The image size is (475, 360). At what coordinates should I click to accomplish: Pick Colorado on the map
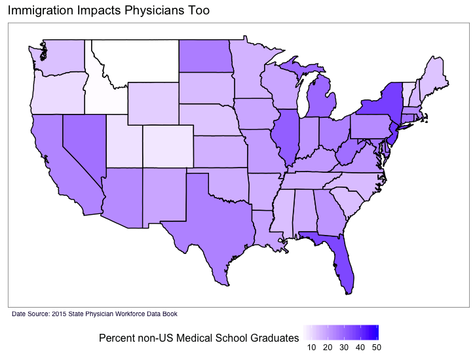tap(168, 147)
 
